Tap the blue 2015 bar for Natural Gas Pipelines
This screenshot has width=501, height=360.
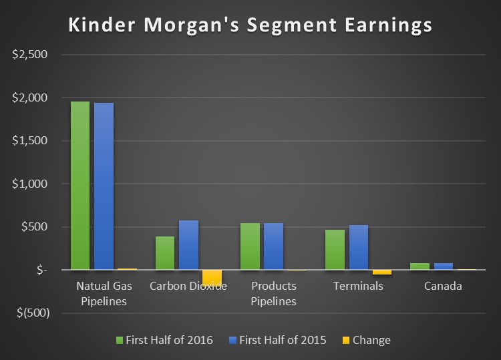point(104,186)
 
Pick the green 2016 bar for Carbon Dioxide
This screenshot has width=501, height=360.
point(165,253)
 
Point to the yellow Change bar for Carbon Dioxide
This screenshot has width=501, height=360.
point(212,277)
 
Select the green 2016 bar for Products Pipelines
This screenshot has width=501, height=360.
point(250,246)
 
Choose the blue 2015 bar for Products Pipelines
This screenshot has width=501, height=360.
point(273,246)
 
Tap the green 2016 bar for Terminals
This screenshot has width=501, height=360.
point(335,250)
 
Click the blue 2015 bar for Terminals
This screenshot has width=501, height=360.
point(358,248)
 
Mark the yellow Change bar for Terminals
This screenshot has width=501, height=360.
point(382,273)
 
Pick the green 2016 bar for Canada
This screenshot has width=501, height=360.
point(420,266)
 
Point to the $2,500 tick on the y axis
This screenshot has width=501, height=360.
point(30,55)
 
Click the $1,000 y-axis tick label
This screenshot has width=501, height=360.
point(30,184)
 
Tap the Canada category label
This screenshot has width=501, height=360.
point(443,287)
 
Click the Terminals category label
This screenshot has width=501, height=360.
point(358,287)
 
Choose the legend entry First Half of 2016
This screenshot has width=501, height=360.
point(169,340)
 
